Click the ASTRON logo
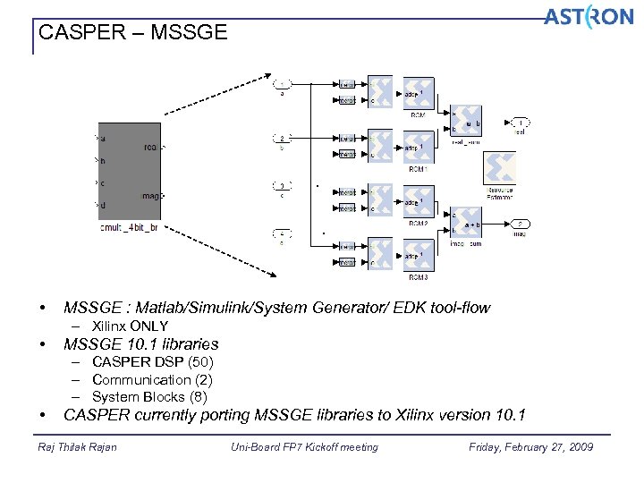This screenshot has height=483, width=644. coord(589,18)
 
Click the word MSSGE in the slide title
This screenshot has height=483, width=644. coord(190,33)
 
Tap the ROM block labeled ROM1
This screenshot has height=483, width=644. coord(419,147)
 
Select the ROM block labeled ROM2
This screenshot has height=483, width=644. coord(419,201)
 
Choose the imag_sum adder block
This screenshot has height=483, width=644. coord(466,225)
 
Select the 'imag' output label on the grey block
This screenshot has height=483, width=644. coord(151,195)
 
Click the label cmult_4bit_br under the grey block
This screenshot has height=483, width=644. coord(129,228)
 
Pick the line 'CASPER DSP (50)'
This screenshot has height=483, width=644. coord(152,362)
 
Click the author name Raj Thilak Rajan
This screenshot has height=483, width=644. coord(78,447)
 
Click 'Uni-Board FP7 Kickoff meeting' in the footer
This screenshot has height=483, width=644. coord(304,447)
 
